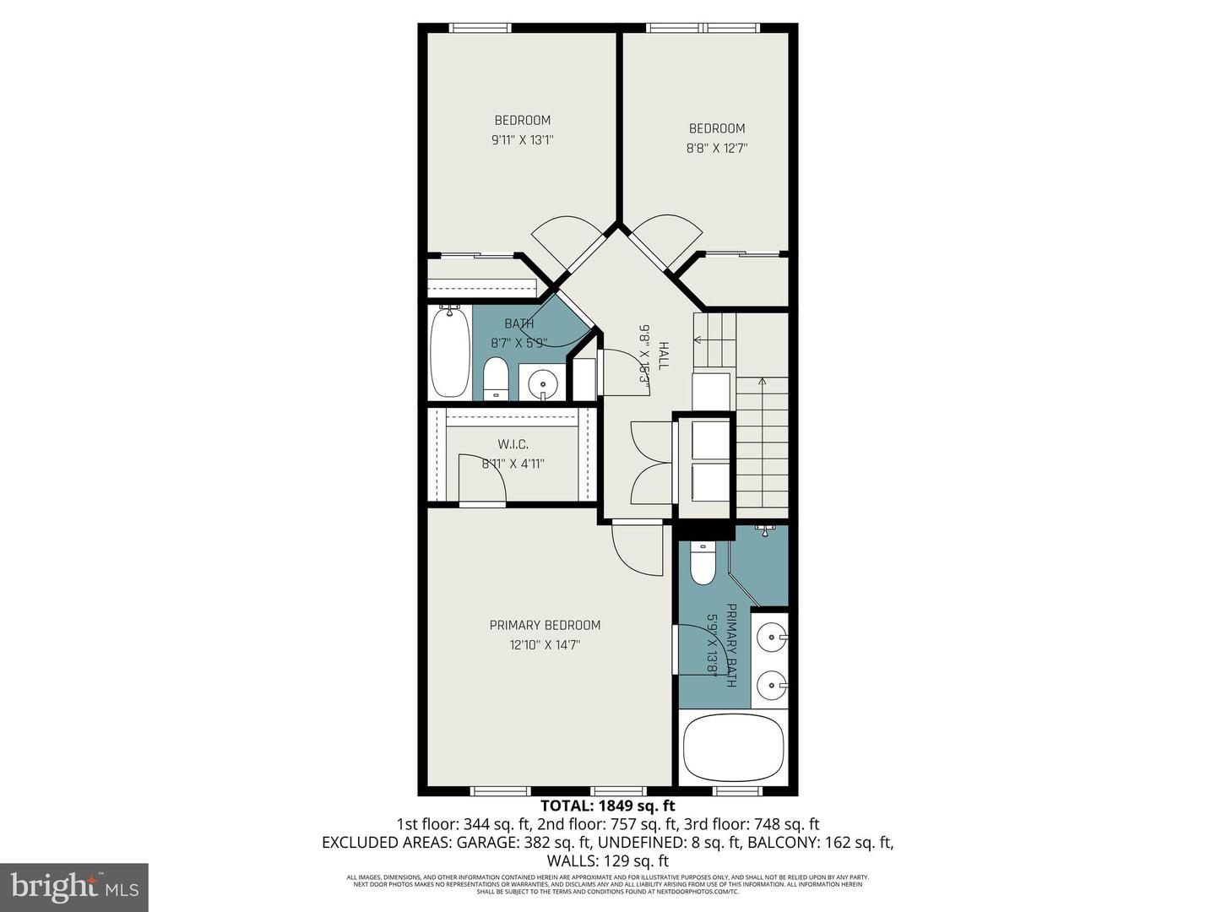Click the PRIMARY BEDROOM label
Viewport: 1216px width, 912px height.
point(545,625)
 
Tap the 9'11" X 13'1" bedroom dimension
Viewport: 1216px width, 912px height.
point(522,140)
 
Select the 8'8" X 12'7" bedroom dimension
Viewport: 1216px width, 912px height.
point(717,149)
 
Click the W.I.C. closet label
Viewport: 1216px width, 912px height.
point(513,444)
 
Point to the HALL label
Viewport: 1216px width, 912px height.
point(664,356)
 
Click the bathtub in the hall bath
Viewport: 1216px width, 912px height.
point(449,353)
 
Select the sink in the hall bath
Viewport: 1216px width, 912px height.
point(541,384)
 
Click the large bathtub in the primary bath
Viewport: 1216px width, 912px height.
point(733,749)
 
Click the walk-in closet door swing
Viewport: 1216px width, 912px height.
point(481,480)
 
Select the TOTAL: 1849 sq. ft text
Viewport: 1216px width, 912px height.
point(607,806)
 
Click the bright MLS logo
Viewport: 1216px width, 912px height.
point(74,887)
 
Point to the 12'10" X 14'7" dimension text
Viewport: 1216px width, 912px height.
point(545,645)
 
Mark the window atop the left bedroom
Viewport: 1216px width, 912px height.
point(480,28)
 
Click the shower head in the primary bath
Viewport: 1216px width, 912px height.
point(765,529)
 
